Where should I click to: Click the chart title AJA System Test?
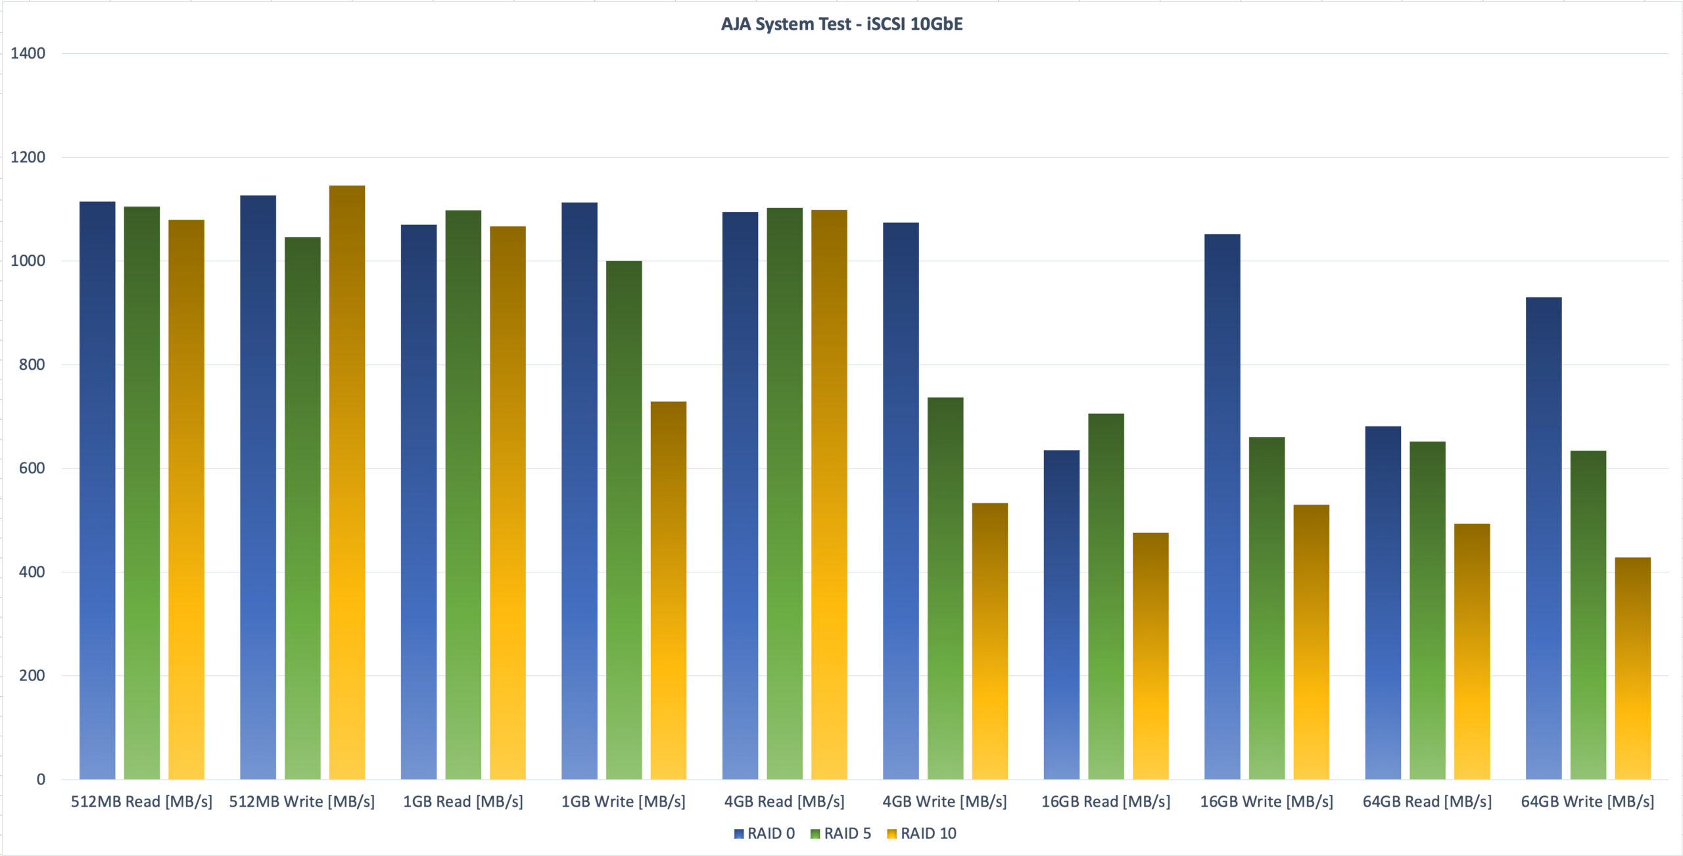[841, 24]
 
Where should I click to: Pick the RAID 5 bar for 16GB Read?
[1106, 596]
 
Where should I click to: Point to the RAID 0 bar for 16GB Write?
[1222, 507]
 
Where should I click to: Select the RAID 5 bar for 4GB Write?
[945, 588]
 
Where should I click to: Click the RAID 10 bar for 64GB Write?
[1633, 668]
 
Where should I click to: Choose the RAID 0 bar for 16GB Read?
[1062, 615]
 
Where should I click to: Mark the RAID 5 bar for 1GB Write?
[624, 520]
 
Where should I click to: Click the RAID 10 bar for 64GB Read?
[1472, 651]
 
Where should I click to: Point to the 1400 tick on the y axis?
[28, 53]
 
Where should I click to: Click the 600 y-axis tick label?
[32, 468]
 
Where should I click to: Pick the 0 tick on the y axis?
[41, 780]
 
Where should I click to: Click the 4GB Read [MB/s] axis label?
[784, 801]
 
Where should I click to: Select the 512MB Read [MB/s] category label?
[141, 801]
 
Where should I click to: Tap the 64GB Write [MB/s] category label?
[1588, 801]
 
